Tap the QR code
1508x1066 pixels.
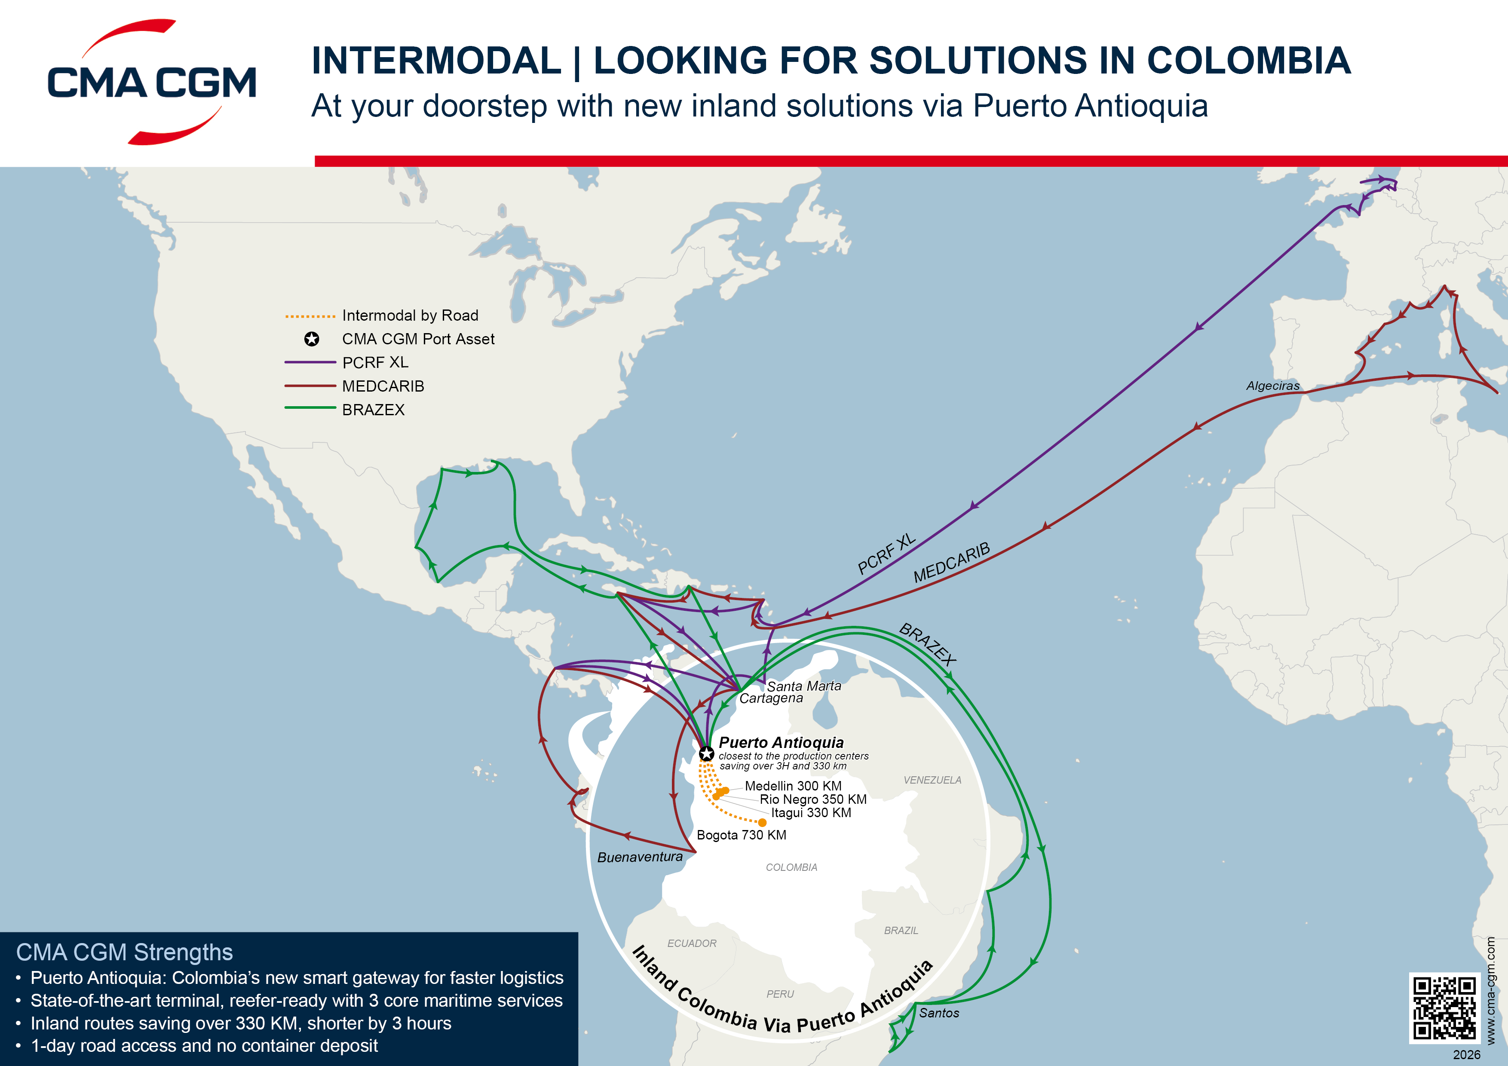pyautogui.click(x=1444, y=1008)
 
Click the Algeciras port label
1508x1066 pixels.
pyautogui.click(x=1273, y=386)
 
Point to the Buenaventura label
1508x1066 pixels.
pyautogui.click(x=640, y=857)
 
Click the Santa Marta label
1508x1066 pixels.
pyautogui.click(x=804, y=686)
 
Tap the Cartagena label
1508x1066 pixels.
pyautogui.click(x=771, y=698)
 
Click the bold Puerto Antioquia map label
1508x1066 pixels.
pyautogui.click(x=781, y=742)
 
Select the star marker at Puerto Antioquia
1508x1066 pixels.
pyautogui.click(x=706, y=754)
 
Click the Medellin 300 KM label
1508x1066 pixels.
pyautogui.click(x=793, y=786)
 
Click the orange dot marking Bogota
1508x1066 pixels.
pyautogui.click(x=762, y=822)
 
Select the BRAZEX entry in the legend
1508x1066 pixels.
pyautogui.click(x=373, y=410)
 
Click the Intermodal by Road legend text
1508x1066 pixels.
pyautogui.click(x=410, y=315)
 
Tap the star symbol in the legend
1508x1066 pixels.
pyautogui.click(x=311, y=339)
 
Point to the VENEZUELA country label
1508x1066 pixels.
pyautogui.click(x=932, y=780)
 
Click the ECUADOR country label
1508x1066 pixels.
pyautogui.click(x=692, y=943)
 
